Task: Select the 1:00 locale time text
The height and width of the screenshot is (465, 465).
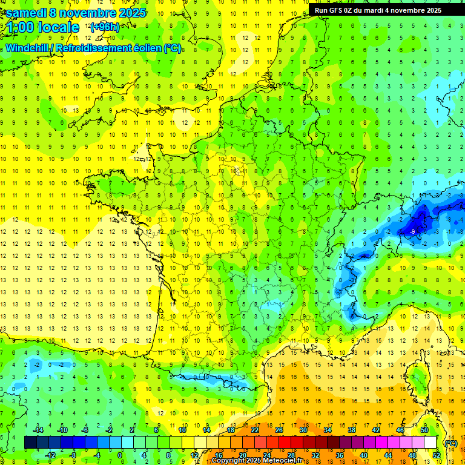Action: pyautogui.click(x=43, y=27)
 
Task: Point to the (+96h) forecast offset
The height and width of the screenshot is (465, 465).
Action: pyautogui.click(x=104, y=27)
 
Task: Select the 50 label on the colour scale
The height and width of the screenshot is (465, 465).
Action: pyautogui.click(x=424, y=429)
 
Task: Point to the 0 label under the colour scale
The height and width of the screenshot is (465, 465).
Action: pyautogui.click(x=119, y=455)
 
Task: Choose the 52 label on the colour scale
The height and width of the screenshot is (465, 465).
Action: pyautogui.click(x=436, y=455)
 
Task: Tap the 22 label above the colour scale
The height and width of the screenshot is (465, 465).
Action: pyautogui.click(x=255, y=429)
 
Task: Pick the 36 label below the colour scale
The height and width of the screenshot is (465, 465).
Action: pyautogui.click(x=339, y=455)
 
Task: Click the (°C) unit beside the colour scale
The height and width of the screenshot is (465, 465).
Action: pyautogui.click(x=450, y=443)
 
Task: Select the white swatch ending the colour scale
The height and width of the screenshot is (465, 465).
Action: pyautogui.click(x=430, y=443)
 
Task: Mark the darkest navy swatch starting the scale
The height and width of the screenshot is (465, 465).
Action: pyautogui.click(x=30, y=443)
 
